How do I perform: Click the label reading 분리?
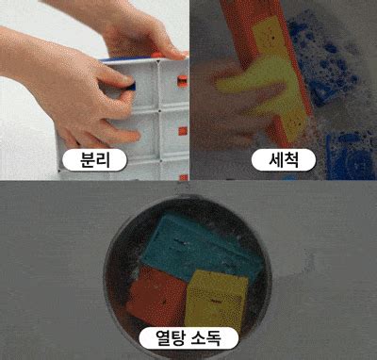point(94,160)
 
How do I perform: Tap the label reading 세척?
point(284,160)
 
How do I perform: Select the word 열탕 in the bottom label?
point(169,338)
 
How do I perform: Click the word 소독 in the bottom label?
point(206,338)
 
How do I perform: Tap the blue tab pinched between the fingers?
point(131,86)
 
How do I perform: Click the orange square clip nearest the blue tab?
point(182,81)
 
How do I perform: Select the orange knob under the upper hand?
point(157,56)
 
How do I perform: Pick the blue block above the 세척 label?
point(323,63)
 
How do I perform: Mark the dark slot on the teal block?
point(180,242)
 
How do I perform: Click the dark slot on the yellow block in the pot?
point(216,302)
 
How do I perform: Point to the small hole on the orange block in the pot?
point(164,303)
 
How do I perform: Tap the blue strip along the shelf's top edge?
point(125,58)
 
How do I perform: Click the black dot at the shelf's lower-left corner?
point(59,171)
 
